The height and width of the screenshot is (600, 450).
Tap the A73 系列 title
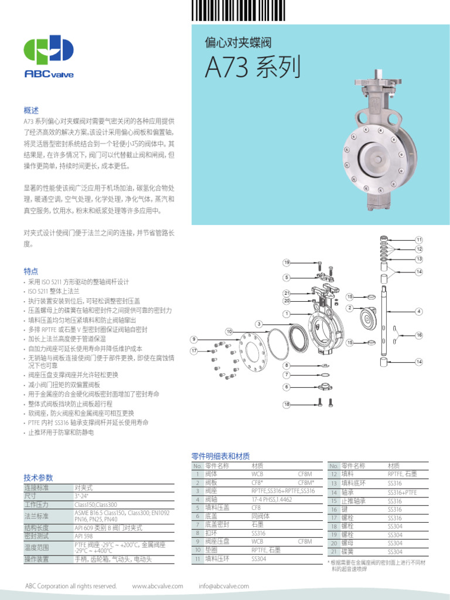tap(253, 67)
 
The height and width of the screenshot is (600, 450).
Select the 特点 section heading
tap(30, 271)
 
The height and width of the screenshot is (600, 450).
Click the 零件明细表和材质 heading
tap(220, 456)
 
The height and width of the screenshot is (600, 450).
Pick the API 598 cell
tap(84, 536)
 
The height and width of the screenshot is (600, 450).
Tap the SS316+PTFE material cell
tap(403, 493)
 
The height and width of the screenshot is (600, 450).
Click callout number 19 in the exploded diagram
tap(287, 262)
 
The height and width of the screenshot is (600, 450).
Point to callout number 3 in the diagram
tap(258, 323)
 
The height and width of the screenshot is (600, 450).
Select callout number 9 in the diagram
tap(194, 339)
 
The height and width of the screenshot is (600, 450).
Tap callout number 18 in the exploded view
tap(287, 404)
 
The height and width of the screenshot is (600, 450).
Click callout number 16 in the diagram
tap(419, 335)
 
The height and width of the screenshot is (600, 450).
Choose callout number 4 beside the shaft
tap(419, 311)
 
